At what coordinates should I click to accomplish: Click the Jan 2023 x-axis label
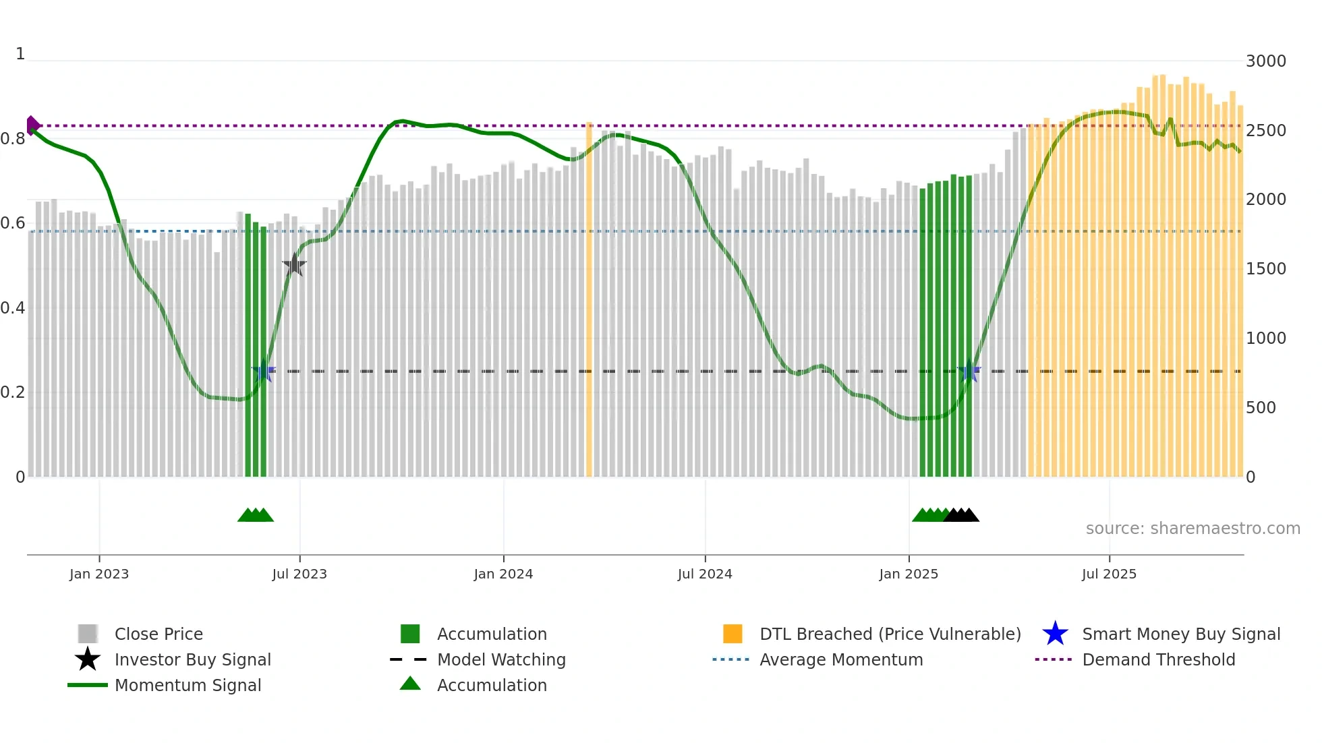[99, 574]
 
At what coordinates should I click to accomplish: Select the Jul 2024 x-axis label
[705, 574]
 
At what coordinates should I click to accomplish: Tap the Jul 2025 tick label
[1109, 574]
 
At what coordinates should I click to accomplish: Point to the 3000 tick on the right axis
[1266, 61]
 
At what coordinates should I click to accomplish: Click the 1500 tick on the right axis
[1266, 269]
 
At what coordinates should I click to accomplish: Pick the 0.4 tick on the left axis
[13, 308]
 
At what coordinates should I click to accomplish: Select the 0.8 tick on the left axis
[13, 139]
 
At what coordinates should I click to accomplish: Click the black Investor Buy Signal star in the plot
[294, 265]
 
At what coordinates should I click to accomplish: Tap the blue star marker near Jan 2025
[969, 371]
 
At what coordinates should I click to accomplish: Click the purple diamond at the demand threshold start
[32, 125]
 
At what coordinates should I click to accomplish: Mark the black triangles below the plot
[961, 515]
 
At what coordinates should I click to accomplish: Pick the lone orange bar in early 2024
[589, 300]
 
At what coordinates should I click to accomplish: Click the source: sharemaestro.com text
[1192, 529]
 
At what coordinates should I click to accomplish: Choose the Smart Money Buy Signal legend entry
[1180, 634]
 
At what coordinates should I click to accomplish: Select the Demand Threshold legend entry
[1158, 659]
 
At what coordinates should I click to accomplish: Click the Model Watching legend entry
[501, 659]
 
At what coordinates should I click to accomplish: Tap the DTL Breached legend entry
[890, 634]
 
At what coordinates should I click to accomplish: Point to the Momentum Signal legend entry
[188, 685]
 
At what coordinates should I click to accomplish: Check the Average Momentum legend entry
[841, 659]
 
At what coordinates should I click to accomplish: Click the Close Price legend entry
[159, 634]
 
